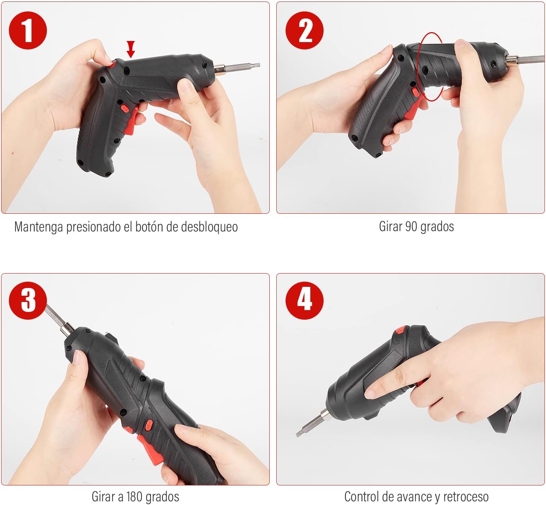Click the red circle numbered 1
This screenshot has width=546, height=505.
28,30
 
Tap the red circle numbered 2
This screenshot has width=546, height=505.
304,30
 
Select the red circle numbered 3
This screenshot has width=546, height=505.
28,300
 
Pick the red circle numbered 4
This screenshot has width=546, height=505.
304,300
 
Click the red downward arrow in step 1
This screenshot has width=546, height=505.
131,49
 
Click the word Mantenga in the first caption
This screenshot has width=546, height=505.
38,227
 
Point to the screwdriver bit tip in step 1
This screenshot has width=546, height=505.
256,65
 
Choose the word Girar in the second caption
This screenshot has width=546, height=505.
390,226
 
